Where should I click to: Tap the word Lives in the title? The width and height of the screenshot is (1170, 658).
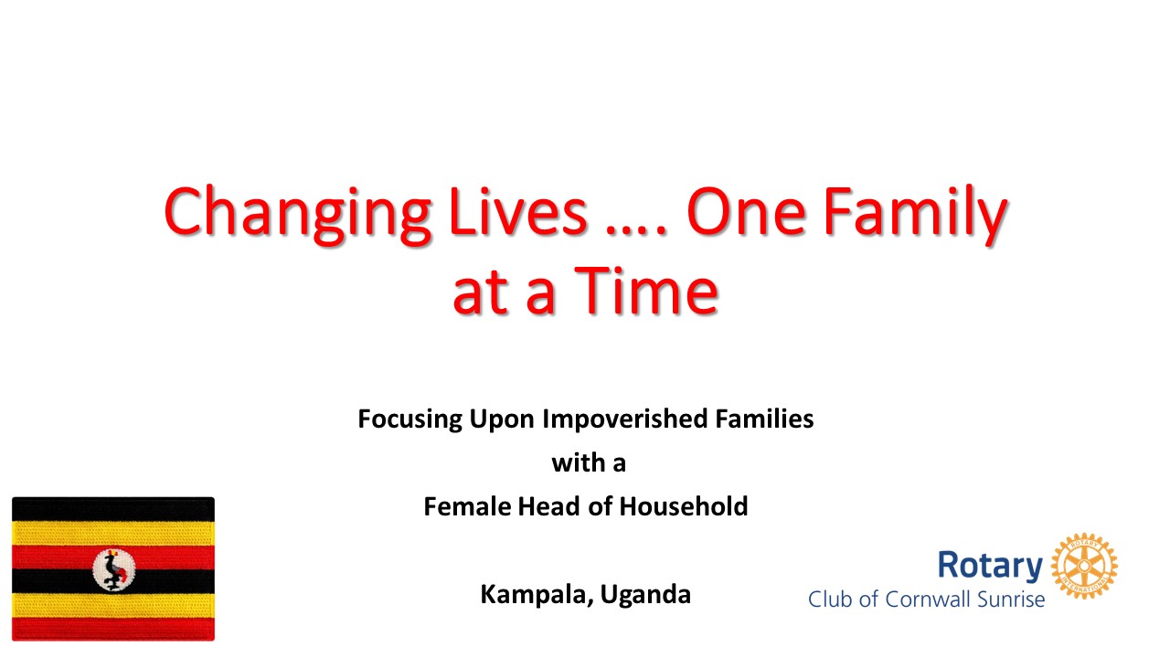[517, 210]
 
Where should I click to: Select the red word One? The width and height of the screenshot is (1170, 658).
[746, 211]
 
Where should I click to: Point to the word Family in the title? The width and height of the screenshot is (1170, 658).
[915, 214]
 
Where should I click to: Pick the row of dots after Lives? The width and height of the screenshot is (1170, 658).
[636, 229]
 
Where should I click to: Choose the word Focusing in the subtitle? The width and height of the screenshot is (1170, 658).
[410, 419]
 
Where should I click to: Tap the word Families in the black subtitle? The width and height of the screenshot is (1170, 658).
[764, 419]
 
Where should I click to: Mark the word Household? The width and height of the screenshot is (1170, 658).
[684, 506]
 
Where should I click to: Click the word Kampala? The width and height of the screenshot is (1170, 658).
[537, 595]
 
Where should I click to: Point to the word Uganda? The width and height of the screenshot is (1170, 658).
[645, 595]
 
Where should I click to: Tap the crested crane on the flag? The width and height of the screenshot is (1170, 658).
[114, 569]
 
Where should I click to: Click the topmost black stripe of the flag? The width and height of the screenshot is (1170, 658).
[113, 509]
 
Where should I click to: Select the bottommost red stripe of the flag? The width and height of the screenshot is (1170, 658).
[113, 629]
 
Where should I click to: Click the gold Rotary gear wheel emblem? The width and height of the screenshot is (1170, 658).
[1084, 566]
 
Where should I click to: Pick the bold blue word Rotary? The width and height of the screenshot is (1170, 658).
[990, 566]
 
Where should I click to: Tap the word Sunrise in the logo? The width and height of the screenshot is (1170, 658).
[1011, 600]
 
